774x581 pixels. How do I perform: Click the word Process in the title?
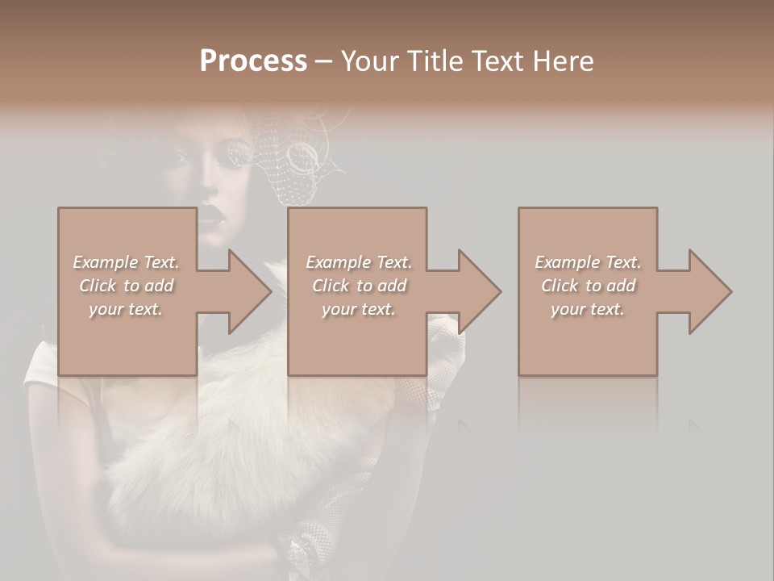point(253,61)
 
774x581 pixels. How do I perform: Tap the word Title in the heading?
point(431,61)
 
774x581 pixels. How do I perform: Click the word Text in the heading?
point(496,61)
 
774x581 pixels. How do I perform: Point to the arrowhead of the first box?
point(250,291)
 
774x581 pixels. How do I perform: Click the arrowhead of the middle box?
point(480,291)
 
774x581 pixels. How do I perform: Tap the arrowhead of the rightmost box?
point(710,291)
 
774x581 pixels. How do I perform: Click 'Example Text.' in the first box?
point(126,262)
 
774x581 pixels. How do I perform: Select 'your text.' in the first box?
point(126,309)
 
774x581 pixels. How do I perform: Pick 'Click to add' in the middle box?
point(359,286)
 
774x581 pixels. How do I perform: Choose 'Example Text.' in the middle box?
point(359,262)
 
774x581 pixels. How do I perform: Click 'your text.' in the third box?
point(588,309)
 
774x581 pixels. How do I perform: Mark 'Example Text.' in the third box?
point(588,262)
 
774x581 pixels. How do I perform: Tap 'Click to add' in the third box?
point(588,286)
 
